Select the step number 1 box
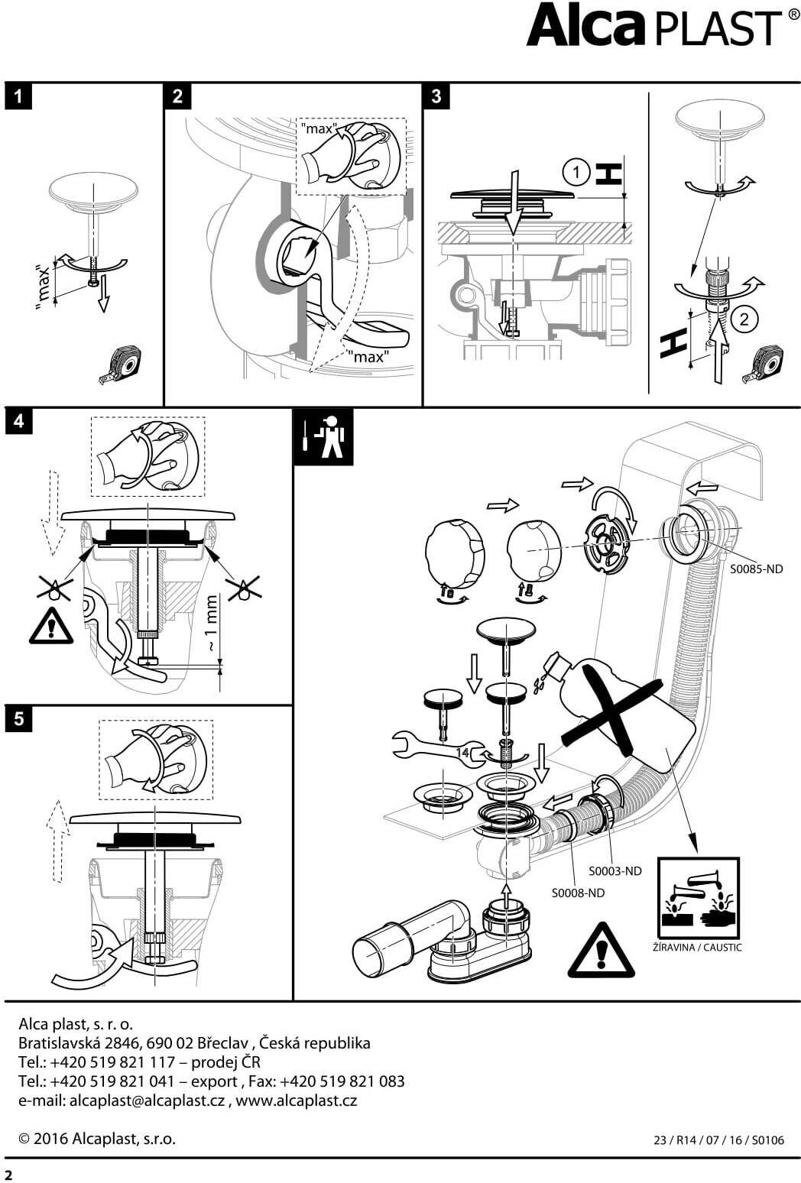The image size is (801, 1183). coord(18,97)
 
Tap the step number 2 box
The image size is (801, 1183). coord(178,96)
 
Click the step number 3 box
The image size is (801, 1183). coord(436,96)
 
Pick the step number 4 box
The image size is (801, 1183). coord(18,421)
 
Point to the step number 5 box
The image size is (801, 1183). coord(18,719)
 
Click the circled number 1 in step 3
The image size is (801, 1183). coord(576,173)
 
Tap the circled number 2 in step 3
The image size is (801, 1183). coord(744,319)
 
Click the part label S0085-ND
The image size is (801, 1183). coord(756,569)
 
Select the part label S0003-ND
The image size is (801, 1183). coord(615,870)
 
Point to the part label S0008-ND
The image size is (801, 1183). coord(578,893)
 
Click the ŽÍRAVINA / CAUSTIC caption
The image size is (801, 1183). coord(697,948)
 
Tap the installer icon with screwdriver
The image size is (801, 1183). coord(324,438)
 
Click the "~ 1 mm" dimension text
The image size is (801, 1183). coord(212,624)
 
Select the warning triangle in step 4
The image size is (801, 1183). coord(51,626)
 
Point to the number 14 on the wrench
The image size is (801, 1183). coord(462,753)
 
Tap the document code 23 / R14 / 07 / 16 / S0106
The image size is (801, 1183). coord(718,1140)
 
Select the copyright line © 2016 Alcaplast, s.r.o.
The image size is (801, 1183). coord(97,1139)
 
